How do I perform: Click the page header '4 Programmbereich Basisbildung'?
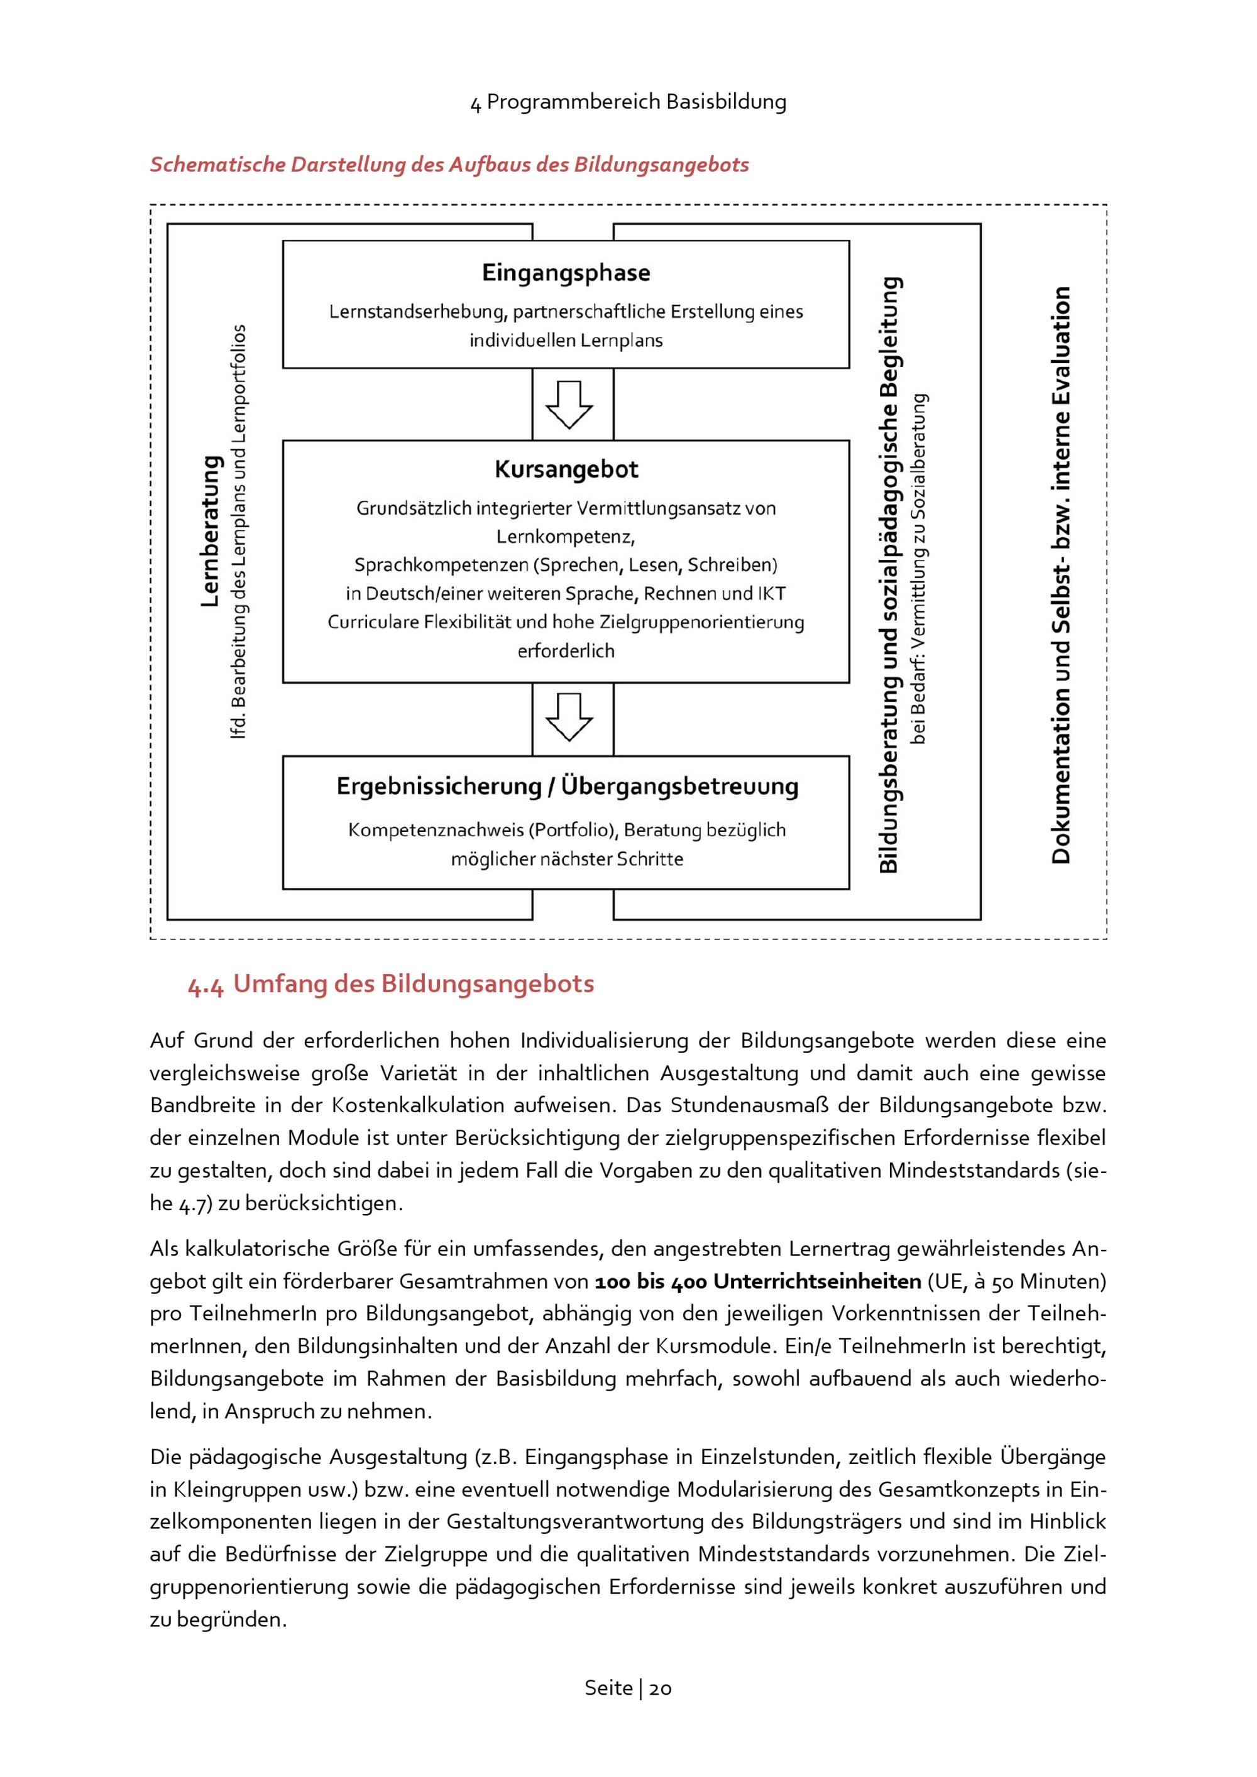628,101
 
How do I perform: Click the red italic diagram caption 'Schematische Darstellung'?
449,164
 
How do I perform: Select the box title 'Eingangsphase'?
566,273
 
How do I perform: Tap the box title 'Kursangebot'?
566,469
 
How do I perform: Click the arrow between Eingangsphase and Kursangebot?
569,404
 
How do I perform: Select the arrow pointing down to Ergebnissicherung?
569,717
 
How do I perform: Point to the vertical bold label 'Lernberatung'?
210,531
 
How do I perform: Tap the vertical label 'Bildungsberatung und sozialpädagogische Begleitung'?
889,574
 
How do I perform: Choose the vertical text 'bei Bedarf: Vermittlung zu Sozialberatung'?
919,569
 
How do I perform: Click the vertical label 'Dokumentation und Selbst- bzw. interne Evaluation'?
1061,574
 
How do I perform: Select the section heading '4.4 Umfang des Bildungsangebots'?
391,984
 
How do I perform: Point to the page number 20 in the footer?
660,1688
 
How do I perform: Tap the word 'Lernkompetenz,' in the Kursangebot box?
565,537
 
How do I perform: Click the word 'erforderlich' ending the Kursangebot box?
566,651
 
